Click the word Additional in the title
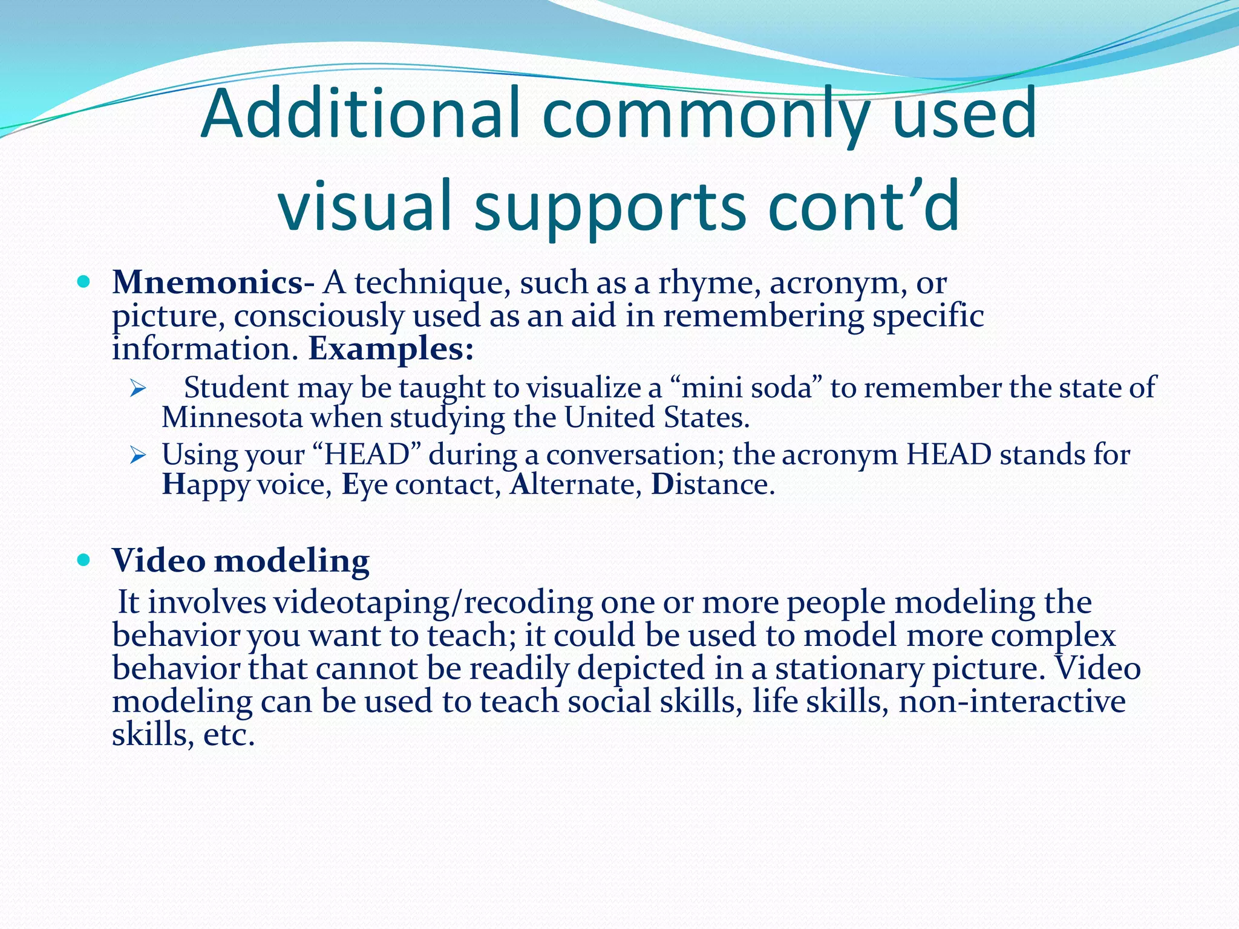[x=360, y=114]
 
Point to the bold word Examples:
[x=391, y=349]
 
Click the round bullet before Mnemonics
[x=84, y=282]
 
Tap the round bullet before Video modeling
[x=84, y=560]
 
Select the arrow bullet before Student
[x=138, y=388]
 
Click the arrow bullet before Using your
[x=138, y=455]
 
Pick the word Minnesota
[x=232, y=418]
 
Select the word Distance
[x=712, y=484]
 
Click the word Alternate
[x=572, y=484]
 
